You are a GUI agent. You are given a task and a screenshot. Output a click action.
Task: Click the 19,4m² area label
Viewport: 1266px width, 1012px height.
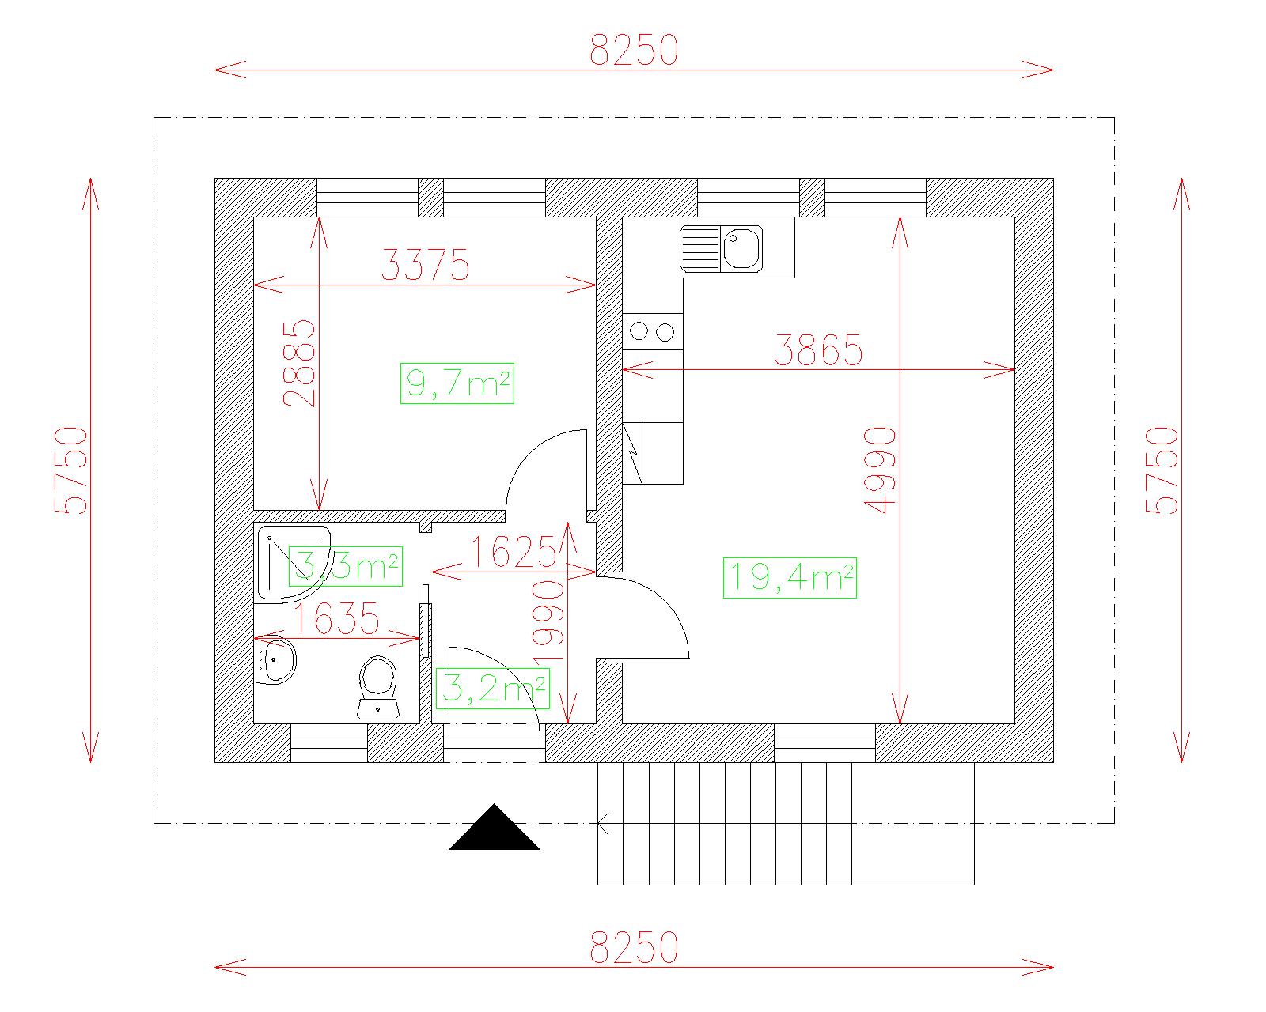[790, 577]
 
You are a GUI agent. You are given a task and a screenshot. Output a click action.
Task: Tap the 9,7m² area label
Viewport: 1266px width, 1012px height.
[457, 383]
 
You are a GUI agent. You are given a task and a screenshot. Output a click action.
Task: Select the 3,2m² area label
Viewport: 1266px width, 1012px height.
[492, 688]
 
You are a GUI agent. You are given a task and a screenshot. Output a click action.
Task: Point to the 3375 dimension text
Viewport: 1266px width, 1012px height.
[426, 265]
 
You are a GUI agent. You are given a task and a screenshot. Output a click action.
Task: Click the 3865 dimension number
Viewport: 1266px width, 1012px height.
[818, 350]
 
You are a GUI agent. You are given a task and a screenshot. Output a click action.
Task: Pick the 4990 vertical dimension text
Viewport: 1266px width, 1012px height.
[880, 470]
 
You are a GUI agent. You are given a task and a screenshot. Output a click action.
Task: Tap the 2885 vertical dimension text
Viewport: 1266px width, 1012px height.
[299, 364]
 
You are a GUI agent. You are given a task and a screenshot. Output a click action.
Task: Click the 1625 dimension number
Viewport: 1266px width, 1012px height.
[514, 552]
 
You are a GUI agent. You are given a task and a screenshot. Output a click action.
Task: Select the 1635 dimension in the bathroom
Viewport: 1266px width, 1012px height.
[336, 618]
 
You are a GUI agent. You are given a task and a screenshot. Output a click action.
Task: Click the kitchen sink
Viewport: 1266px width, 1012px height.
[721, 249]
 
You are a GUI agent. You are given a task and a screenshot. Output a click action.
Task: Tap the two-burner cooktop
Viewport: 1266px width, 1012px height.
[653, 331]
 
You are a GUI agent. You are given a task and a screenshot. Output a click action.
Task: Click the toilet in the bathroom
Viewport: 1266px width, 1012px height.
[377, 687]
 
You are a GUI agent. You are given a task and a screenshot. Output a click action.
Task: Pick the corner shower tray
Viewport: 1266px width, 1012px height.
[294, 564]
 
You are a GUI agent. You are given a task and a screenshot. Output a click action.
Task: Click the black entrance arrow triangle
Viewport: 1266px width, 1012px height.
[495, 827]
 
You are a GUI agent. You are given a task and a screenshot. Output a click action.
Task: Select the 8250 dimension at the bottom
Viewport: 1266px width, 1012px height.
[634, 947]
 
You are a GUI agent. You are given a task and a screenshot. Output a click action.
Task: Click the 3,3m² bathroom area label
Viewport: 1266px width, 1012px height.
[345, 566]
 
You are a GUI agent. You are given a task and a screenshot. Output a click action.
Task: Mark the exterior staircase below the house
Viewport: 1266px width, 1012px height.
[786, 824]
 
